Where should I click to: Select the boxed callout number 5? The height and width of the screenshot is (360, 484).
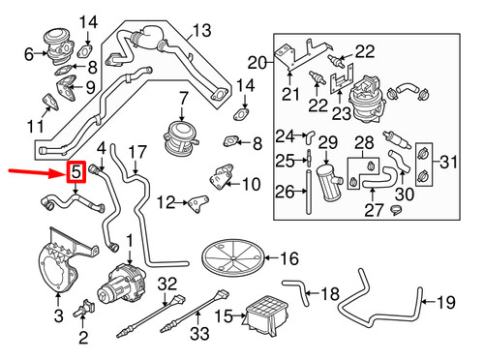click(75, 173)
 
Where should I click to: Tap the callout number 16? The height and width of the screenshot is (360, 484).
click(289, 258)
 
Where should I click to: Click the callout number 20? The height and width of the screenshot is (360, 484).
click(257, 64)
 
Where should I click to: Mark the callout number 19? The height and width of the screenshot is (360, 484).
click(444, 303)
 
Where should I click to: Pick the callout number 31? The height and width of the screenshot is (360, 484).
click(465, 161)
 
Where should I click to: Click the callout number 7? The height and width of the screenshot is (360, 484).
click(182, 98)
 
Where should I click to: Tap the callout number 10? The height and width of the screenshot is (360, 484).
click(250, 184)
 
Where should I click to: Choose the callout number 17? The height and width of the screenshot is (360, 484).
click(137, 152)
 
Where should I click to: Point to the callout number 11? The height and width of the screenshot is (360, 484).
click(35, 127)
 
